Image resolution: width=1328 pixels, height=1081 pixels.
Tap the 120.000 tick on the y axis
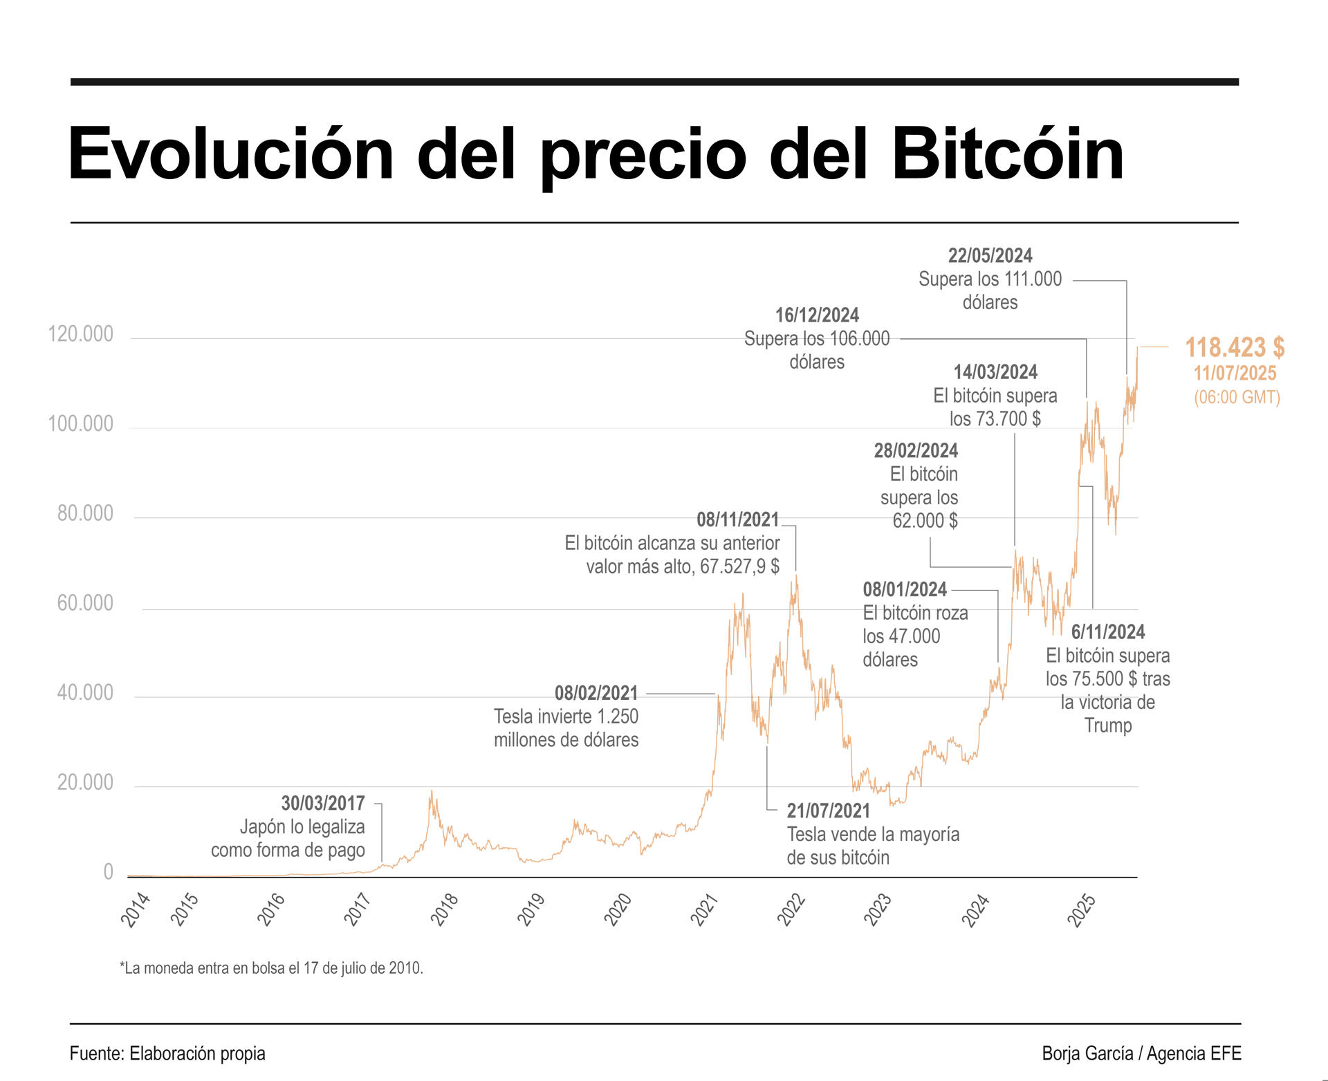click(80, 335)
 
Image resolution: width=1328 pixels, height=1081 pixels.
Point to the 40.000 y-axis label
click(84, 693)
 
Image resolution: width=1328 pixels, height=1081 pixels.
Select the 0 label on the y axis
click(108, 872)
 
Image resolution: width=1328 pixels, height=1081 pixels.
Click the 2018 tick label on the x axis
click(445, 909)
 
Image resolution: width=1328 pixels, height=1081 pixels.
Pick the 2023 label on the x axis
click(878, 909)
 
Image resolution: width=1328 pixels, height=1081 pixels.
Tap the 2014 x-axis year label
click(136, 909)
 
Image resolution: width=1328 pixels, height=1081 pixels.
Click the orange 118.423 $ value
click(1235, 347)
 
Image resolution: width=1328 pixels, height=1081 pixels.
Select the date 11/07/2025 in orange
click(1235, 373)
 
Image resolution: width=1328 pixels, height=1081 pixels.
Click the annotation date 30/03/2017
click(323, 804)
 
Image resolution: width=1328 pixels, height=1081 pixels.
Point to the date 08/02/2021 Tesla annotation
click(596, 693)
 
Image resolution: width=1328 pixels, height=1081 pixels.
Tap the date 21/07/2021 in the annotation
click(828, 811)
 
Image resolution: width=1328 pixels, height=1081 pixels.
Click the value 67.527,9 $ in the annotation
click(739, 567)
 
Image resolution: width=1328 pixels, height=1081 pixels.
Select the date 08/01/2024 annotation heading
click(905, 590)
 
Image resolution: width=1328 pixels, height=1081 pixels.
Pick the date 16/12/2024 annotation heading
click(817, 315)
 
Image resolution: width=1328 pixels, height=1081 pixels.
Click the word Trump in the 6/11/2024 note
click(1107, 726)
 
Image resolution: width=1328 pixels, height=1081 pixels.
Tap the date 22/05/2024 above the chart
click(990, 256)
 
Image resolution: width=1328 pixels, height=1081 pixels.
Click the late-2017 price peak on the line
click(432, 793)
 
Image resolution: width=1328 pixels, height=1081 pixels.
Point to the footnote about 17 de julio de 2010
click(271, 968)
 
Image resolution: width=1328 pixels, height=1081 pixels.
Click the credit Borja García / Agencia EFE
click(1141, 1054)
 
